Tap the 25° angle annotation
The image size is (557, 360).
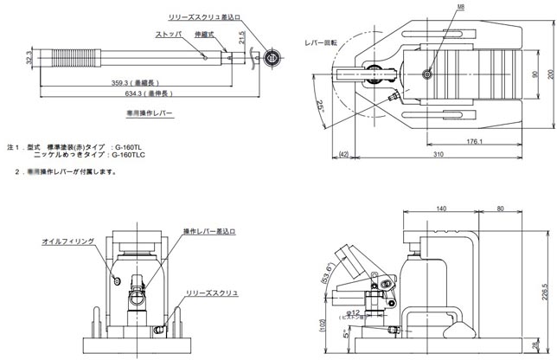[323, 108]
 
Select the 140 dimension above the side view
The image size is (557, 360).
[442, 209]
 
